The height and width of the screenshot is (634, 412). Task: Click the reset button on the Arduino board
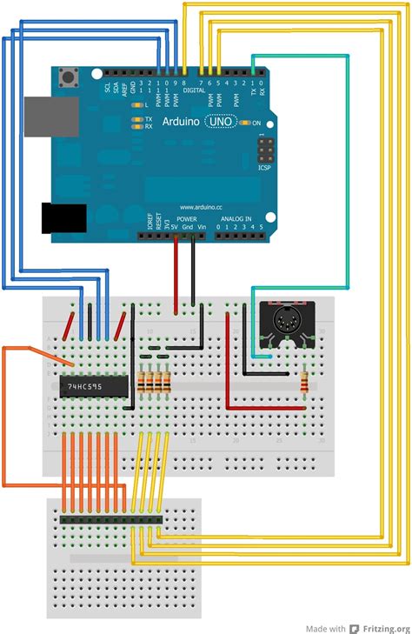click(x=66, y=80)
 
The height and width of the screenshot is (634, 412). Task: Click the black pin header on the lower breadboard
click(x=110, y=519)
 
